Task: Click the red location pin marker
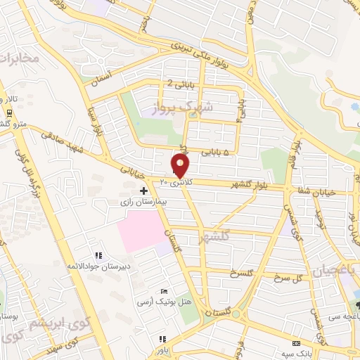pyautogui.click(x=181, y=165)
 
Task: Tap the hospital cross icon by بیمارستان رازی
pyautogui.click(x=143, y=191)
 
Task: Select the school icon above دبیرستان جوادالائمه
pyautogui.click(x=98, y=255)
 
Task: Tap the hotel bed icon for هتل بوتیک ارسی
pyautogui.click(x=164, y=292)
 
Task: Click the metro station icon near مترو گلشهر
pyautogui.click(x=8, y=112)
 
